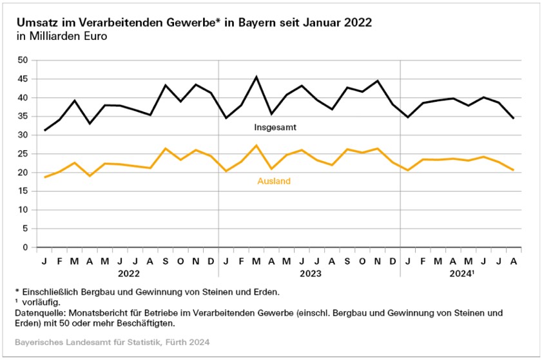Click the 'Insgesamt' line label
(275, 128)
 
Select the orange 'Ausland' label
(274, 182)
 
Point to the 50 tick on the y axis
(23, 61)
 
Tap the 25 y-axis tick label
(23, 154)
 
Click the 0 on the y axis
(26, 247)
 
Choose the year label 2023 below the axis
(309, 273)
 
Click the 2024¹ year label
(461, 273)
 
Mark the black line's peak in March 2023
(256, 77)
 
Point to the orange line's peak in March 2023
(256, 146)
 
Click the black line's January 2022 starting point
(44, 131)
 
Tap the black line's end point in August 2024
(513, 118)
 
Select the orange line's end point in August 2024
(513, 170)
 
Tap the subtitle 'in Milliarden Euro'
(61, 36)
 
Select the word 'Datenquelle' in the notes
(41, 313)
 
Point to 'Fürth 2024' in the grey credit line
(186, 341)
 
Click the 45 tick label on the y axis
(23, 79)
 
